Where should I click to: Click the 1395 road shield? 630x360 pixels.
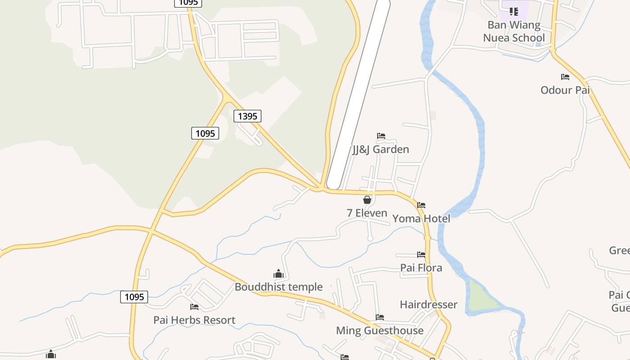[x=247, y=116]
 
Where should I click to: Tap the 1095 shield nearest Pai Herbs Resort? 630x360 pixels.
[x=134, y=297]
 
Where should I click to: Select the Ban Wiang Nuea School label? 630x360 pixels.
[x=514, y=31]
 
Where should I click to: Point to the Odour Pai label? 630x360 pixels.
[x=565, y=90]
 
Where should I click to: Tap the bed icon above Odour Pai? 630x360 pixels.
[x=565, y=77]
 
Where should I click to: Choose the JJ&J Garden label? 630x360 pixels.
[x=381, y=149]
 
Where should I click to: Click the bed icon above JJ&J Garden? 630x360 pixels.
[x=381, y=136]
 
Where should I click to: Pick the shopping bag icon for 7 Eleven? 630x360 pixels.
[x=367, y=200]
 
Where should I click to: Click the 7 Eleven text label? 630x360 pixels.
[x=367, y=213]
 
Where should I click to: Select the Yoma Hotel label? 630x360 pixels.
[x=421, y=219]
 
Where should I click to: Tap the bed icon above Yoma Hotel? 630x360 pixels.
[x=421, y=205]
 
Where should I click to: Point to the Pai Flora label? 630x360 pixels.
[x=421, y=268]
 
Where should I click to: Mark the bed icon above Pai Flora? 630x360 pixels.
[x=421, y=255]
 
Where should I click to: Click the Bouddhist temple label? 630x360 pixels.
[x=279, y=287]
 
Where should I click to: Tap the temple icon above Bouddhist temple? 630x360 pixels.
[x=279, y=274]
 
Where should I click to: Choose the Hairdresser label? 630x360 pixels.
[x=428, y=305]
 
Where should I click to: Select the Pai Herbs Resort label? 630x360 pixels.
[x=194, y=320]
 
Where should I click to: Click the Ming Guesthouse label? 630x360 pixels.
[x=380, y=331]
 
